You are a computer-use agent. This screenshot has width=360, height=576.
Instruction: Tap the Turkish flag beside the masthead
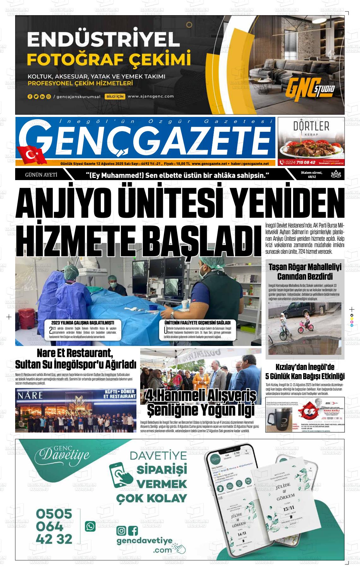click(32, 155)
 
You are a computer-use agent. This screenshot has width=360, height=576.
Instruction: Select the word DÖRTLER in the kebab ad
click(311, 126)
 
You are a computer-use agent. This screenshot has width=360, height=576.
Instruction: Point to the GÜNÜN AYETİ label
click(41, 174)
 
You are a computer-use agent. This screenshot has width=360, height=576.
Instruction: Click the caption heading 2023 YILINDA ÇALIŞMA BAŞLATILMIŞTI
click(82, 323)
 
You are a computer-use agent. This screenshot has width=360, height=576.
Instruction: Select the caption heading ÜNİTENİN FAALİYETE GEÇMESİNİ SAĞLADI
click(197, 323)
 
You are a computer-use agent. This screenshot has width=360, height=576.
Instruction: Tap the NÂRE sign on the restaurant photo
click(30, 395)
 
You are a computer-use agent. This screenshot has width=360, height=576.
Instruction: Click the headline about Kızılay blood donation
click(305, 372)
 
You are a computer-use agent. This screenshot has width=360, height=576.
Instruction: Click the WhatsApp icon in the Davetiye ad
click(90, 526)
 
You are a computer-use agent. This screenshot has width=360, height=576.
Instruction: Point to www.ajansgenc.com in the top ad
click(151, 96)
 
